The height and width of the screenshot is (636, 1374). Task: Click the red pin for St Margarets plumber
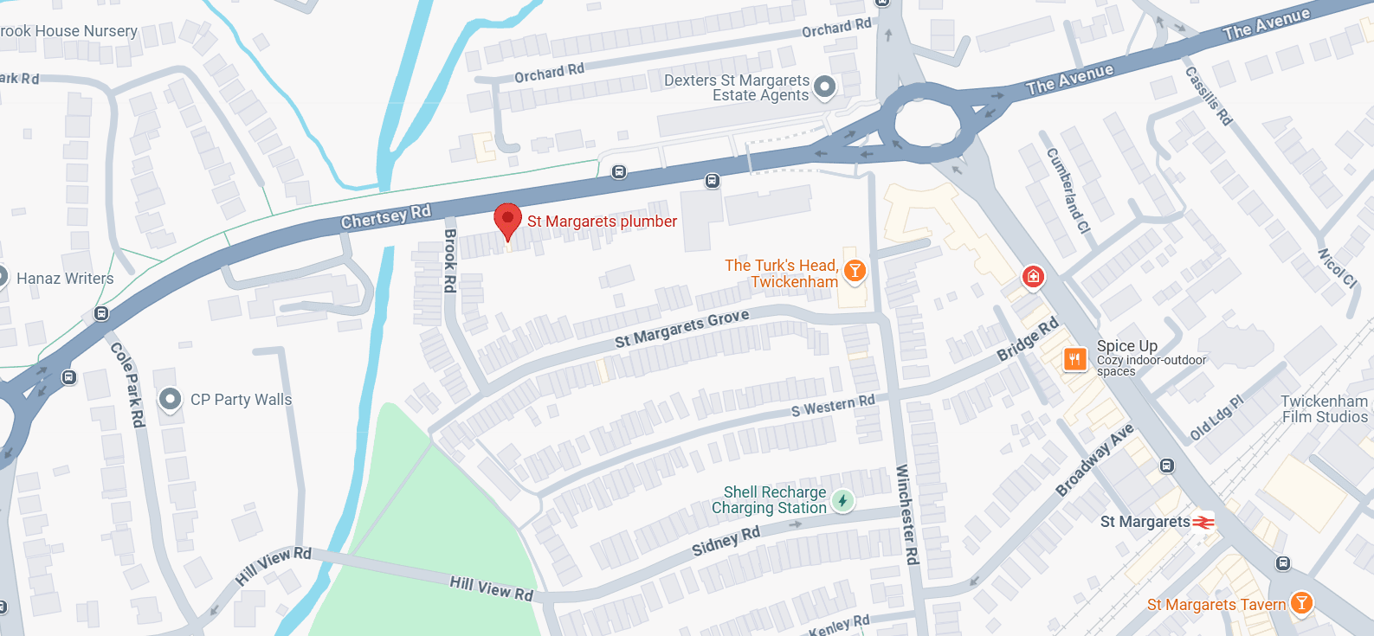507,220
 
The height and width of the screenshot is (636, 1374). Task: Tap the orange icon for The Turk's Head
855,271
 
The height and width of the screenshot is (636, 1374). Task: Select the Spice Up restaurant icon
1074,358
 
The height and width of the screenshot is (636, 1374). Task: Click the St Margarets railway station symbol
1203,522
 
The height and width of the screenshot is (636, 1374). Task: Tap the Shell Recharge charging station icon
842,500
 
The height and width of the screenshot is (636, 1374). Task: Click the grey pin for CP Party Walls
171,399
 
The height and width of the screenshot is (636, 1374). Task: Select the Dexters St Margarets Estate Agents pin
825,87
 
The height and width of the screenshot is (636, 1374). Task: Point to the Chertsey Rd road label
385,216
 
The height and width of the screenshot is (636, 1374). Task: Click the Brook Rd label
450,260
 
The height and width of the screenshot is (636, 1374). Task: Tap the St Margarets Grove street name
681,328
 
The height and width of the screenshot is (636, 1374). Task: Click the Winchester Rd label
906,515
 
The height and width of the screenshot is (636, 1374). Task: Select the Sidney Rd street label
726,541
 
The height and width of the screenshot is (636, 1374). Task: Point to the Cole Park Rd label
128,383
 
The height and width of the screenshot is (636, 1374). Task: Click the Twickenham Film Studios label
1324,409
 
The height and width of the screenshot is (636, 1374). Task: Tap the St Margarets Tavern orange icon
1300,603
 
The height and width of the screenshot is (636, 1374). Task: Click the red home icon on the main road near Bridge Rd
1033,277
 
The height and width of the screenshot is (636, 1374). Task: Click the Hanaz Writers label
65,279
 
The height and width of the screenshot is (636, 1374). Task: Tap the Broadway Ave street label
1094,460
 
